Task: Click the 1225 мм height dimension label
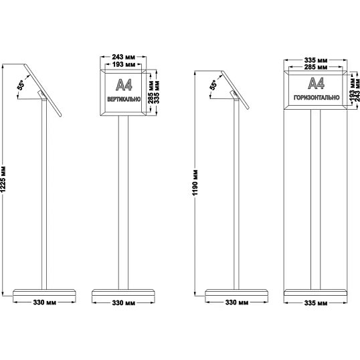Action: click(x=3, y=180)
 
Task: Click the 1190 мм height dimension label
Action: click(x=195, y=183)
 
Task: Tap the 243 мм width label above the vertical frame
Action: click(x=124, y=57)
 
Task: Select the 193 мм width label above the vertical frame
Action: click(x=124, y=64)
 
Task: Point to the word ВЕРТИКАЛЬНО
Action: click(x=124, y=99)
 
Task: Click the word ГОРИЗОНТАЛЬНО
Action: click(x=317, y=97)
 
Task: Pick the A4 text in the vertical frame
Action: click(x=124, y=85)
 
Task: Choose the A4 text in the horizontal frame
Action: click(x=316, y=83)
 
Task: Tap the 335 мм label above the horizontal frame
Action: click(x=316, y=60)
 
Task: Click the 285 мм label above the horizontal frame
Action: click(x=316, y=68)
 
